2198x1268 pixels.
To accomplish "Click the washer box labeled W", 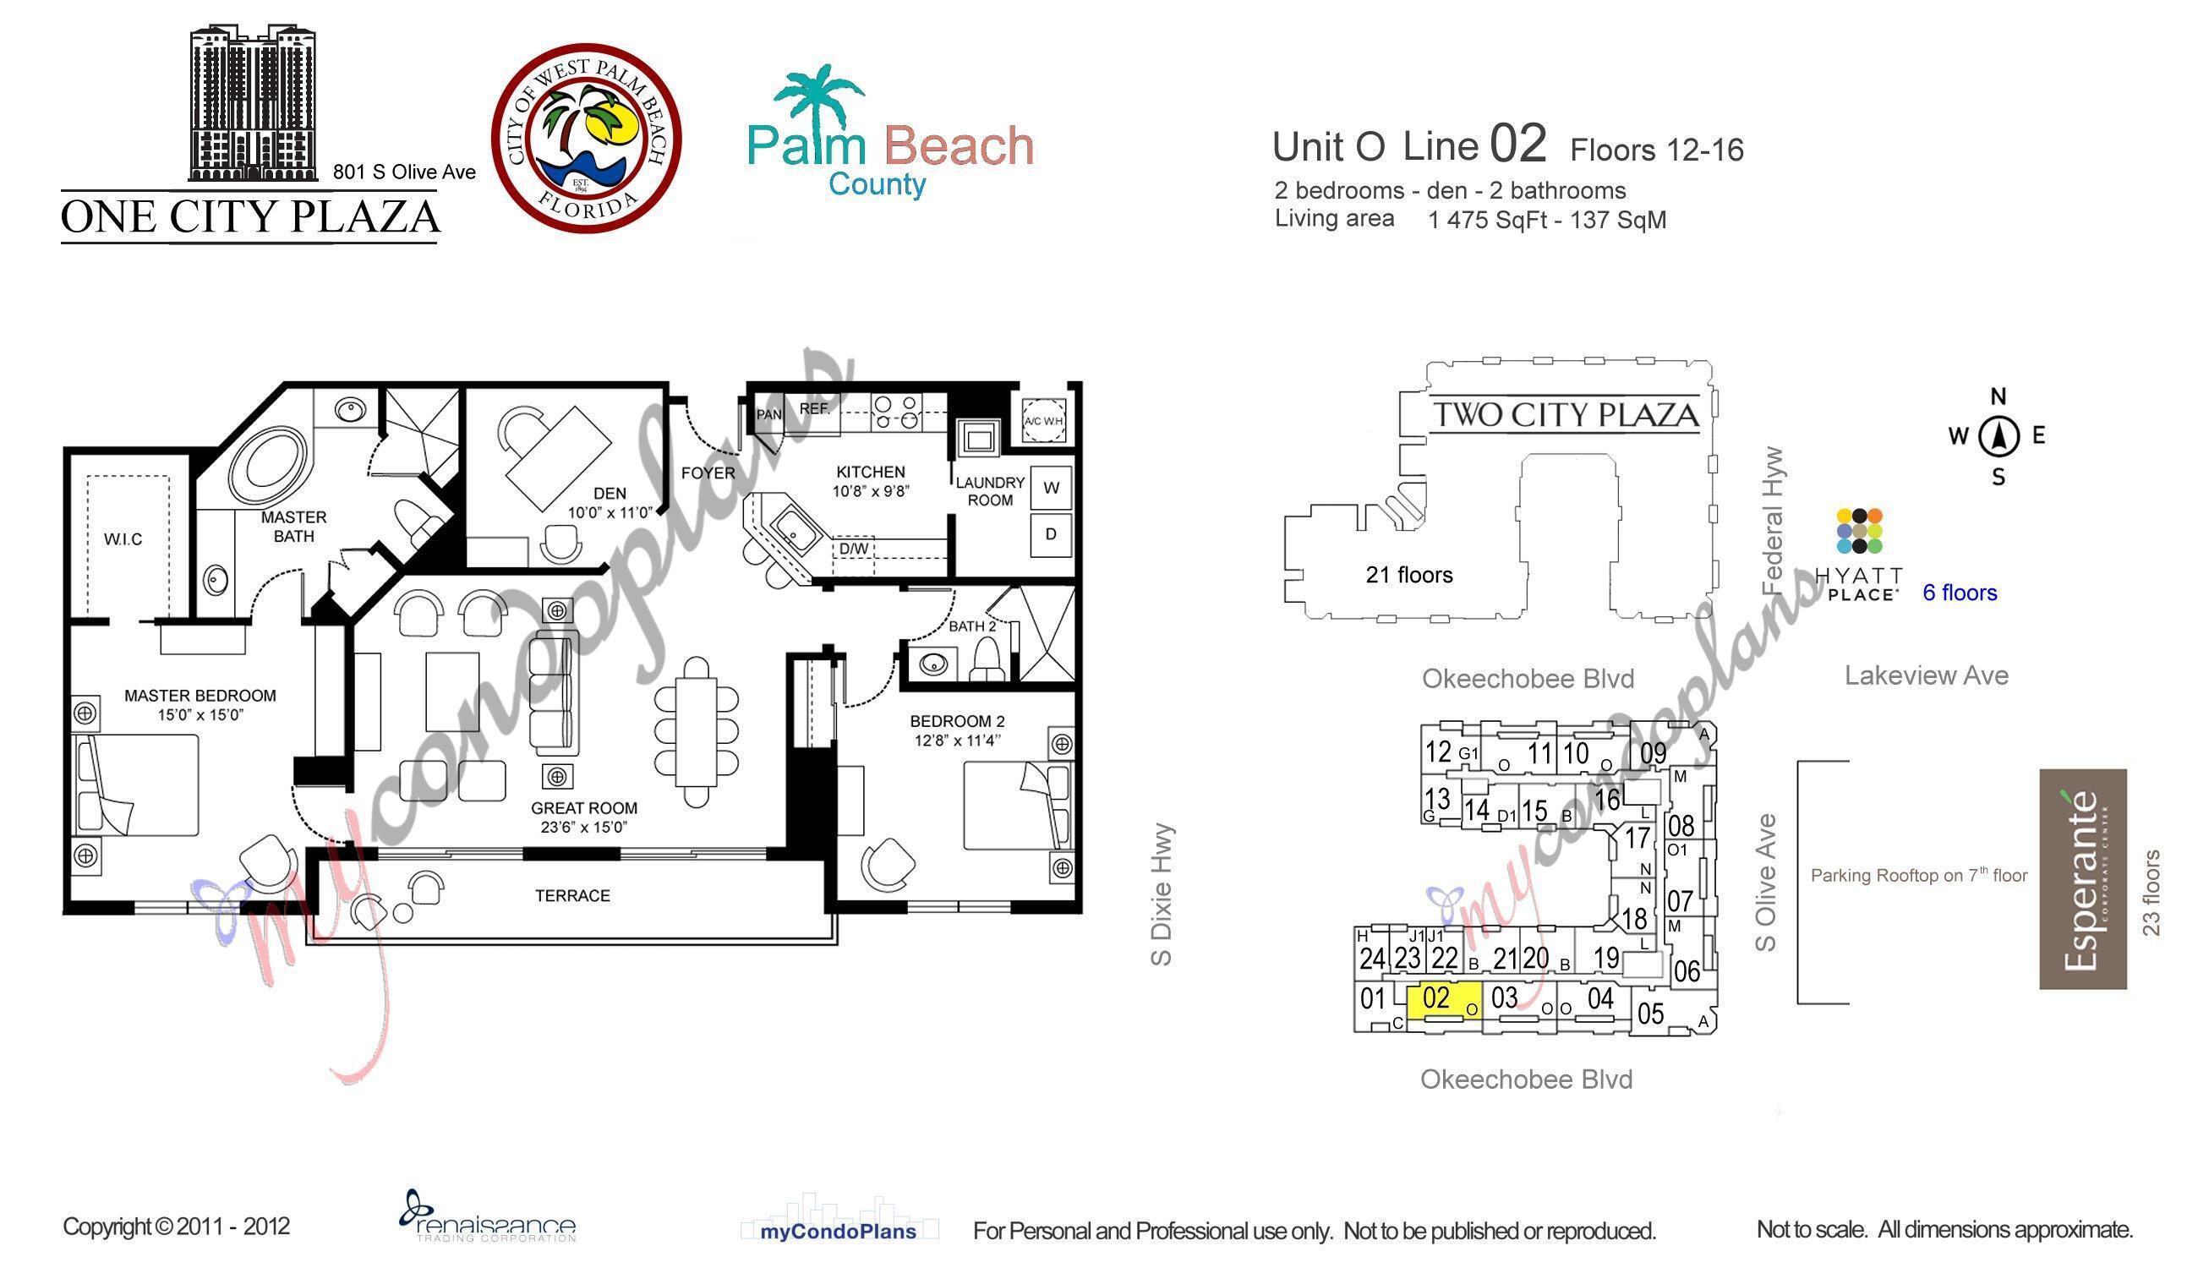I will coord(1051,488).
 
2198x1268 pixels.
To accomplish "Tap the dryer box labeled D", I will coord(1051,534).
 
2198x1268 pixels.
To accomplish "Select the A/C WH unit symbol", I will coord(1043,420).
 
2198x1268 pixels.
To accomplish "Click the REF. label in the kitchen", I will coord(814,408).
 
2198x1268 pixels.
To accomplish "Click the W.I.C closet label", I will coord(123,539).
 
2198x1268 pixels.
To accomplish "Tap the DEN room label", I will coord(610,493).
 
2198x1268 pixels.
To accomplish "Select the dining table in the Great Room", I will coord(696,730).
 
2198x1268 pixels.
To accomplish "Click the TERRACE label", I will coord(572,895).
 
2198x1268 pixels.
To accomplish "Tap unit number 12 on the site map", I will coord(1438,751).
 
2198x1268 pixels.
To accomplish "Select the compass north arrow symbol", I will coord(1998,436).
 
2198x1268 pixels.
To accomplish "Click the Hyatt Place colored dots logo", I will coord(1859,531).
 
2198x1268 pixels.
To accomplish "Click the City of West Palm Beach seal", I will coord(586,139).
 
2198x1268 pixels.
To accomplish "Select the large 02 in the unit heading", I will coord(1517,144).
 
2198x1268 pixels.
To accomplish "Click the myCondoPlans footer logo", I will coord(838,1231).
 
